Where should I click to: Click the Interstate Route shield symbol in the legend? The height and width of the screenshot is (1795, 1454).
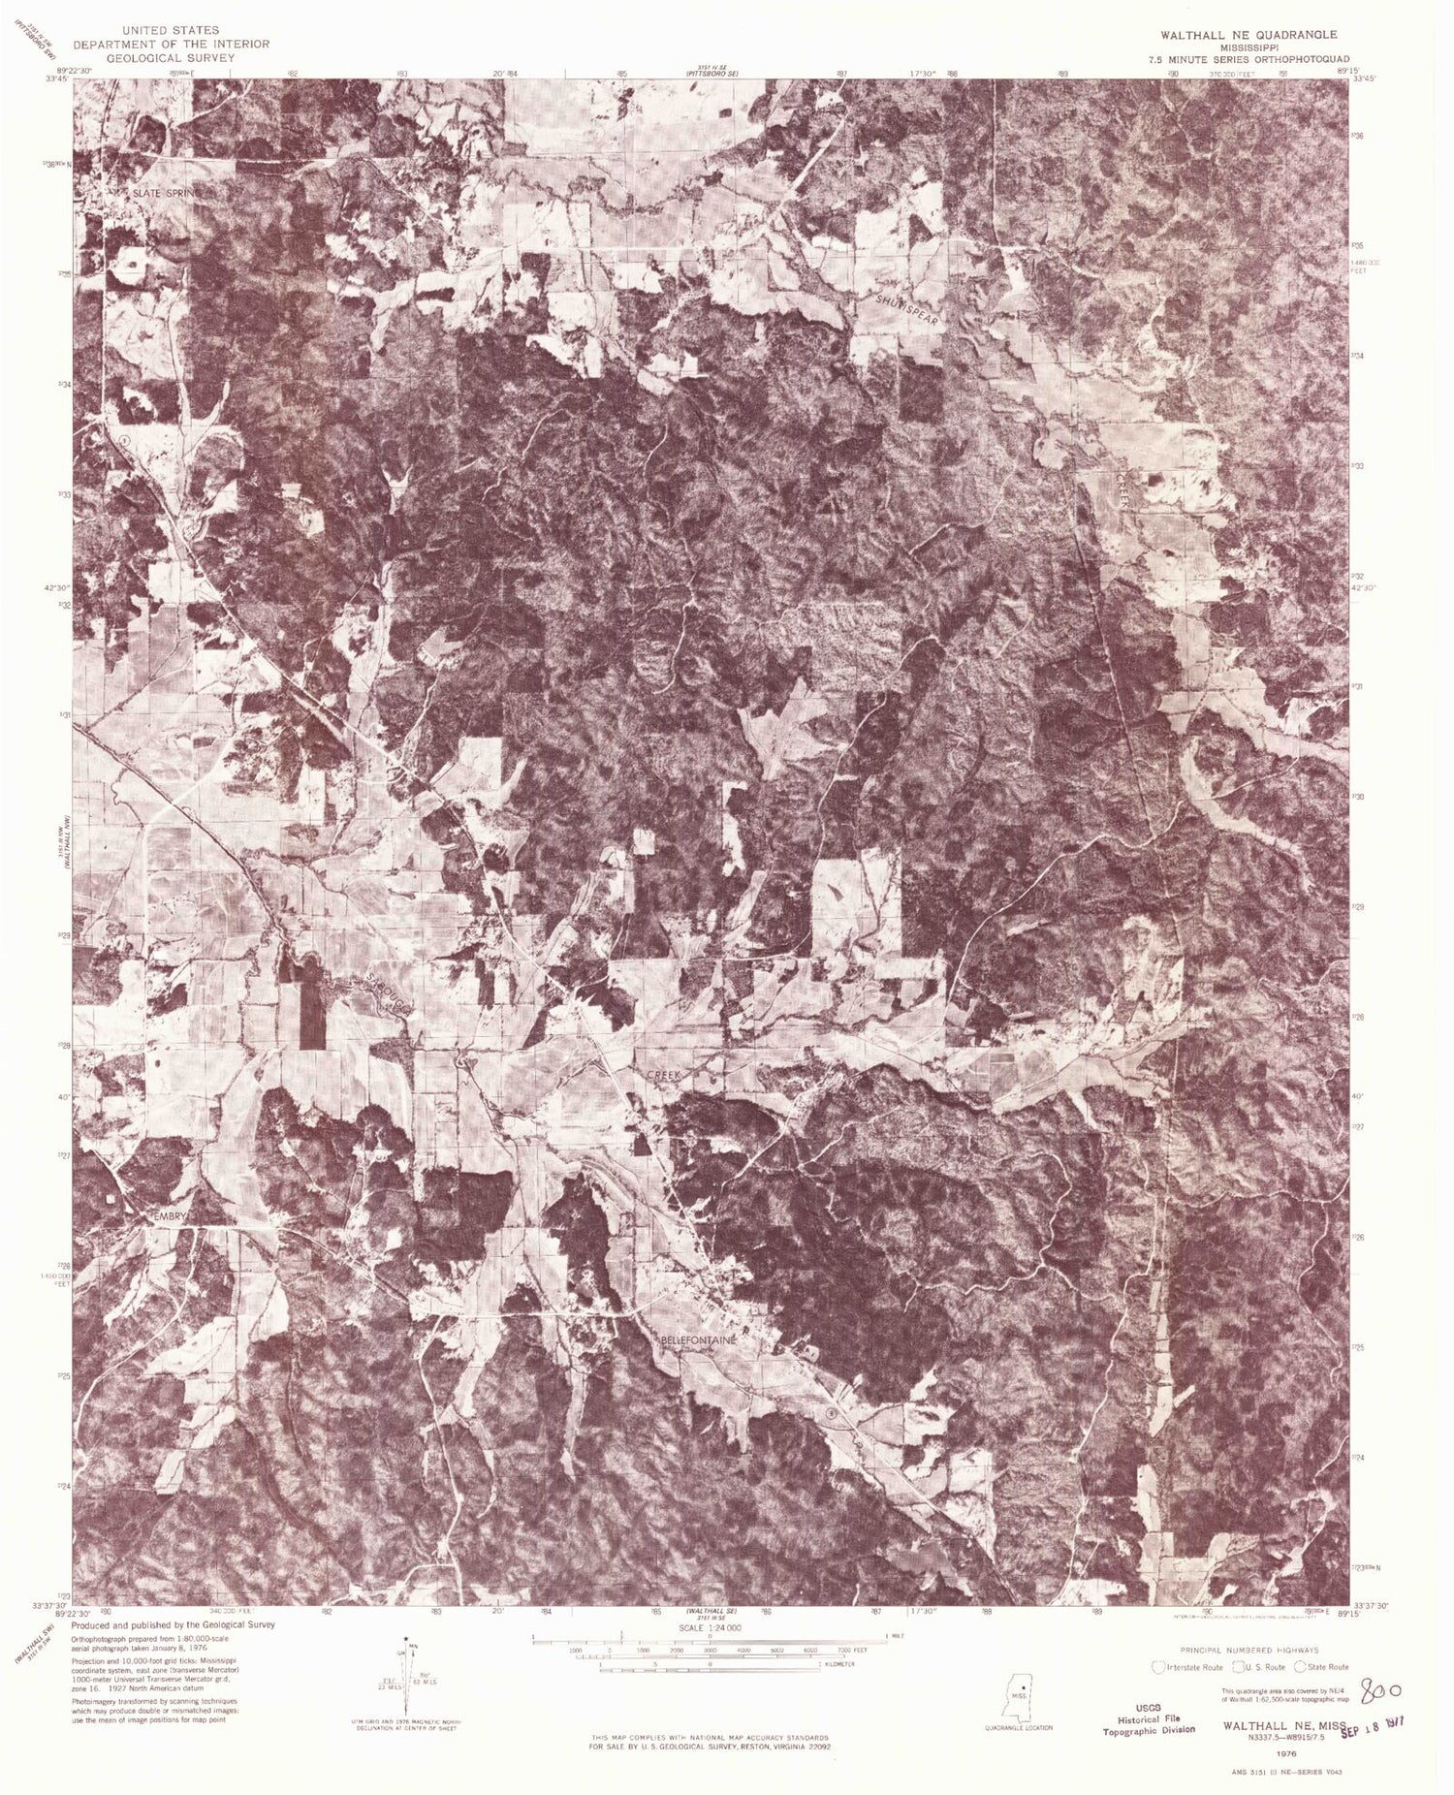click(1156, 1667)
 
